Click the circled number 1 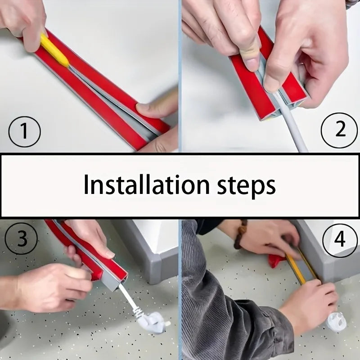(24, 131)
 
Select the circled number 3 (21, 238)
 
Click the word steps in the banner (246, 186)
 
